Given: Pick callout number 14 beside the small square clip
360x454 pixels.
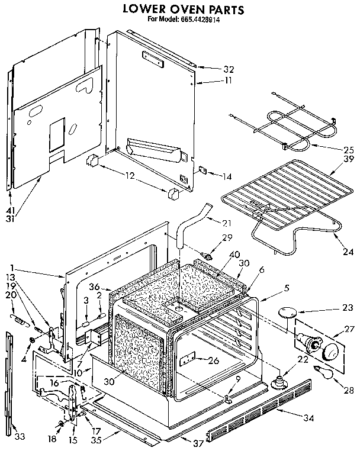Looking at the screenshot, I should coord(210,176).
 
